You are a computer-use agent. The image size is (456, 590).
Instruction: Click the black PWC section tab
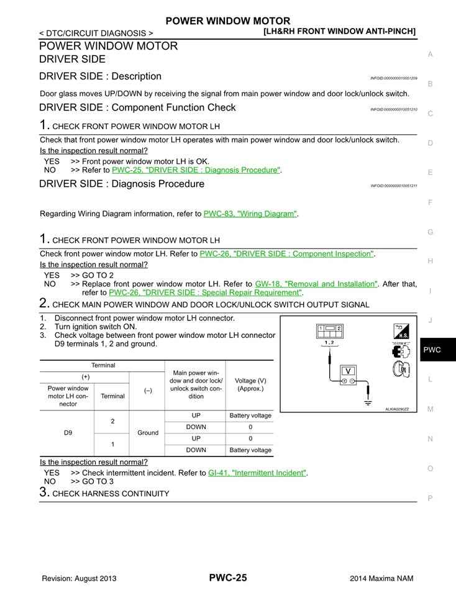[x=437, y=350]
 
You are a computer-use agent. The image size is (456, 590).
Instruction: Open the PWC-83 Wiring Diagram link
[x=250, y=214]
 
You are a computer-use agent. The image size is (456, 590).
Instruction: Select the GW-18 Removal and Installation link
[x=316, y=284]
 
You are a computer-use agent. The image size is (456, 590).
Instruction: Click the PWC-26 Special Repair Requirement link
[x=205, y=293]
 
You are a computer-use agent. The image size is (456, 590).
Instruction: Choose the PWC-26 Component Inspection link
[x=286, y=253]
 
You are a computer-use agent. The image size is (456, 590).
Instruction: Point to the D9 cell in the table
[x=68, y=432]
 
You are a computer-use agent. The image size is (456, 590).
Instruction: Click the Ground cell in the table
[x=148, y=432]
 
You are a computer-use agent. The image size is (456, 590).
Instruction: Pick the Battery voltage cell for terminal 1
[x=250, y=450]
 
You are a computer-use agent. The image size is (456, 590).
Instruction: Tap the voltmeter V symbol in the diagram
[x=349, y=371]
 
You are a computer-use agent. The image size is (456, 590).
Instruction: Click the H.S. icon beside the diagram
[x=401, y=332]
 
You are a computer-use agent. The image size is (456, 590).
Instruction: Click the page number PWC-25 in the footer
[x=227, y=578]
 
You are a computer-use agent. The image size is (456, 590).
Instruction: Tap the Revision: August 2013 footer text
[x=79, y=578]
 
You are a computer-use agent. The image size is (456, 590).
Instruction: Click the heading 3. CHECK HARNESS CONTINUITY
[x=104, y=493]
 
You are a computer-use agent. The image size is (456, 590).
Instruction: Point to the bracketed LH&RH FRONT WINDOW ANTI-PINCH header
[x=339, y=31]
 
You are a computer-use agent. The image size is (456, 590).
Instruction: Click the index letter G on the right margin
[x=430, y=232]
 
